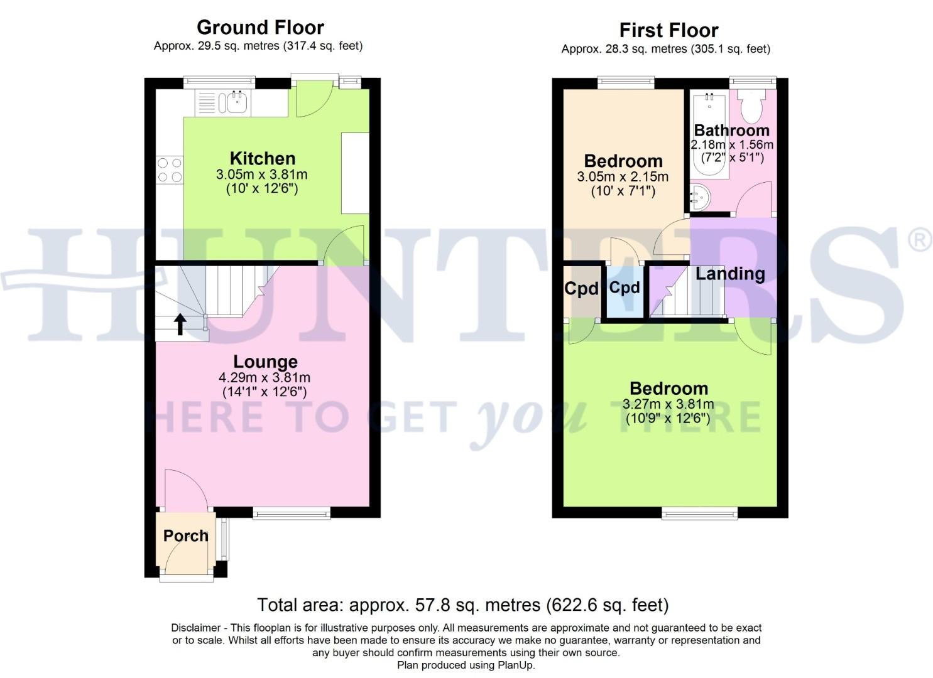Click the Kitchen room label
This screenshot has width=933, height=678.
[262, 158]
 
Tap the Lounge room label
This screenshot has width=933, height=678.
[265, 362]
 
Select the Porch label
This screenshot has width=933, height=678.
[185, 535]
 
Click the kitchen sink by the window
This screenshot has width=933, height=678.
[236, 103]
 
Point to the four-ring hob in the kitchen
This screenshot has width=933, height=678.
[170, 169]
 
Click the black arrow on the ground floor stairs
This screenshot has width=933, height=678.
[180, 324]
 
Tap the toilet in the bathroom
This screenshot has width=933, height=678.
[750, 106]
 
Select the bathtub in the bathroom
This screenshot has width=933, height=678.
[709, 135]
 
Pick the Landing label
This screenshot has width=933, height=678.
[729, 274]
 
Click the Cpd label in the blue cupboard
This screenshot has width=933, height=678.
[625, 288]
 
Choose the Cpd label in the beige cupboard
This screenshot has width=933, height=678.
[581, 289]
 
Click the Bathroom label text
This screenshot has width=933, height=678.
[731, 131]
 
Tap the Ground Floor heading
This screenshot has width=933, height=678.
[260, 28]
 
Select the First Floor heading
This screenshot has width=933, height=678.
[668, 30]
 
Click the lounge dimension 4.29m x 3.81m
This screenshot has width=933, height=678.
[264, 378]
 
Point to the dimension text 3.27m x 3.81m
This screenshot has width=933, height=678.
[668, 404]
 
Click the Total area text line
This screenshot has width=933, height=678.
[462, 605]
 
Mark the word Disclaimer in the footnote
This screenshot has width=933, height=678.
[195, 628]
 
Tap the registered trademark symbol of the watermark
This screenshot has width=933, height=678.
[920, 240]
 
